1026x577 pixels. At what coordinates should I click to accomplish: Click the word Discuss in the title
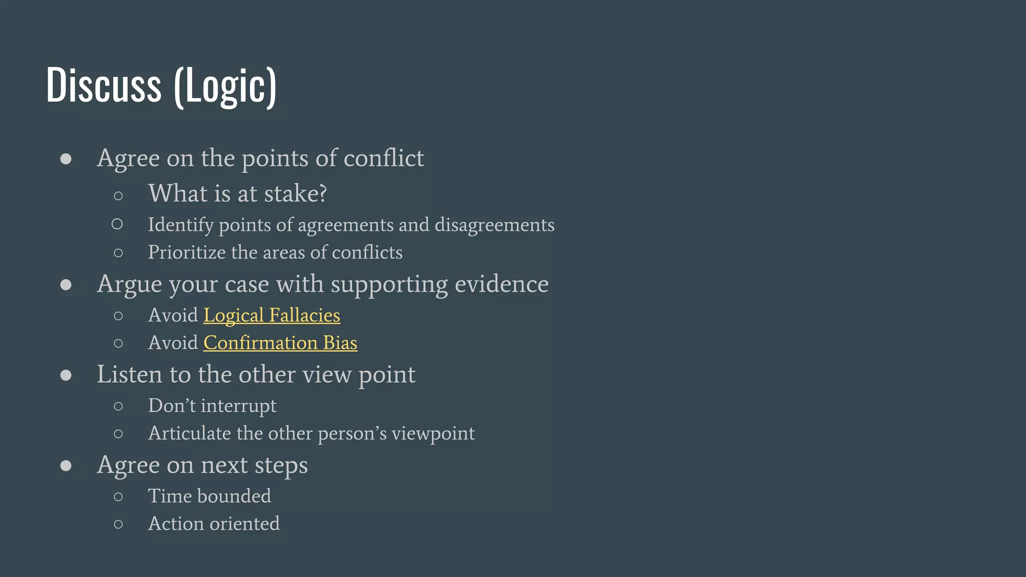pos(104,85)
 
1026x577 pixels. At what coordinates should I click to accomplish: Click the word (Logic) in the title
pos(225,86)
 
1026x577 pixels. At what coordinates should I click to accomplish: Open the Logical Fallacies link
pos(272,316)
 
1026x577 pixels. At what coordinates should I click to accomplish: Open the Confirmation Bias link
pos(280,343)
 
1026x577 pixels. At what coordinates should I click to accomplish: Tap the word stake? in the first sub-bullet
pos(296,194)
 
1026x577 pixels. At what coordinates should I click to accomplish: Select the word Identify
pos(181,225)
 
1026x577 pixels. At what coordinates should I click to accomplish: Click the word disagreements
pos(494,225)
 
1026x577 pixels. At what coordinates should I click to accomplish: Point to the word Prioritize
pos(187,252)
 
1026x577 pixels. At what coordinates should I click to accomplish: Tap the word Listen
pos(129,375)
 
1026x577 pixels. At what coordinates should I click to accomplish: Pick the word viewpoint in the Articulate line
pos(433,433)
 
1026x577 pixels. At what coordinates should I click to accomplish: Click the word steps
pos(281,465)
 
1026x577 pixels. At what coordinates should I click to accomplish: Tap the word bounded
pos(234,496)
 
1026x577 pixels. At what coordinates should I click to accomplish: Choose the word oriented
pos(244,524)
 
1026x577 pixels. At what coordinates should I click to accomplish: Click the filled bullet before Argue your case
pos(66,285)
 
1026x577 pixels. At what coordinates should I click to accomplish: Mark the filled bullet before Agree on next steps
pos(66,466)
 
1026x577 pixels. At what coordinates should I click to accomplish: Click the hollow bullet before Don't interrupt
pos(118,406)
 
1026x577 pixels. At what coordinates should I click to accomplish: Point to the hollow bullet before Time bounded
pos(118,497)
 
